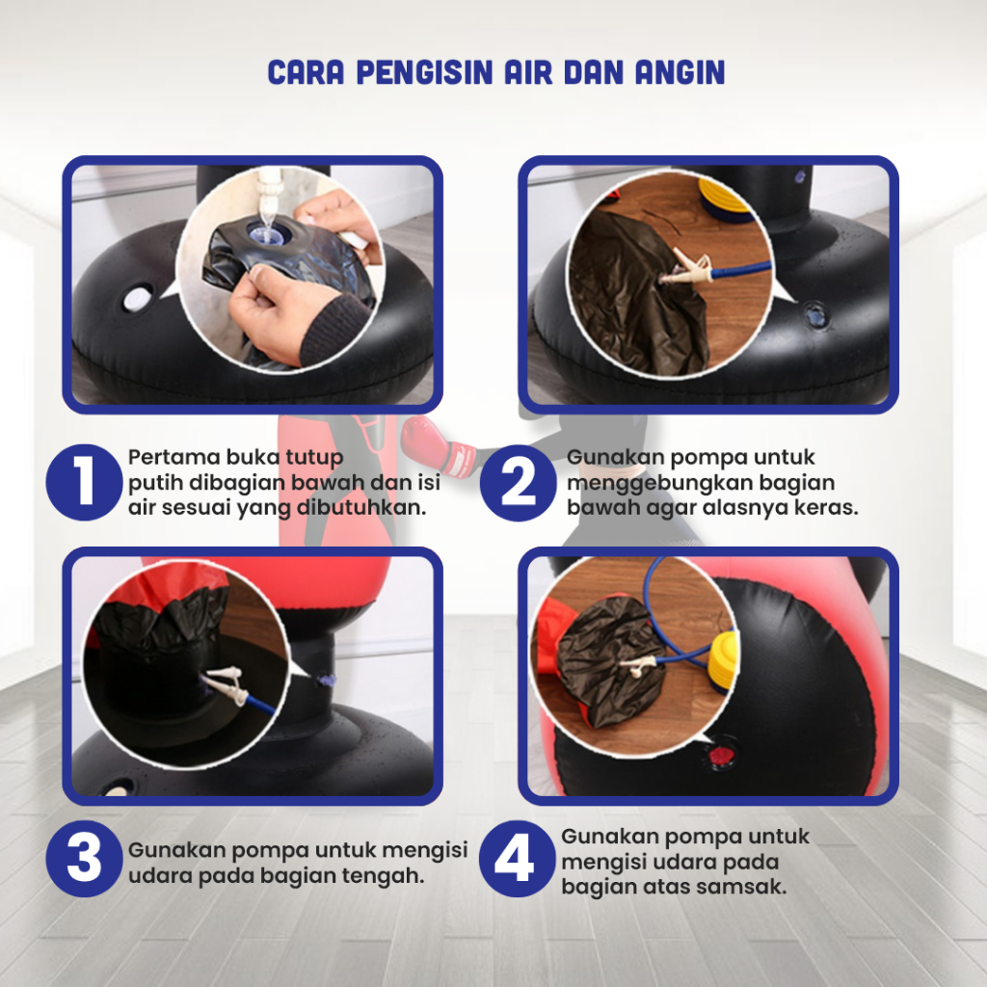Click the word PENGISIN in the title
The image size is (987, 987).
click(x=424, y=72)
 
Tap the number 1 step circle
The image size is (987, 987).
click(x=84, y=482)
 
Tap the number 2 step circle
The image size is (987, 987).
click(x=518, y=482)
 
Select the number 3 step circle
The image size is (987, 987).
click(x=84, y=859)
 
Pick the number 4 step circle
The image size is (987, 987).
click(x=517, y=859)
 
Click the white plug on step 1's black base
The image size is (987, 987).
click(x=137, y=298)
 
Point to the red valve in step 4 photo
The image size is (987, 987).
click(x=719, y=754)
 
